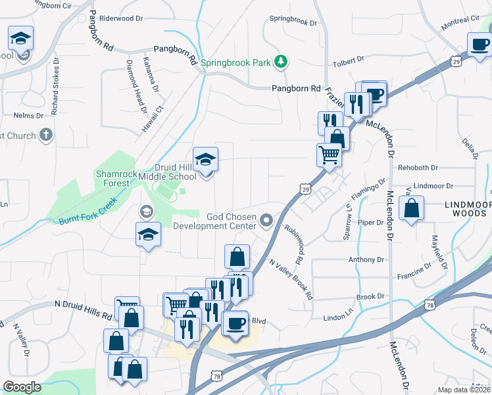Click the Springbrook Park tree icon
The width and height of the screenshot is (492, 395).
(281, 62)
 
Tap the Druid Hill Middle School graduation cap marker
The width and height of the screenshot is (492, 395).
(206, 159)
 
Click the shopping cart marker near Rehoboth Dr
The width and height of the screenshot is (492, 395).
(329, 155)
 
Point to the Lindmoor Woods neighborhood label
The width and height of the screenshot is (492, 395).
(467, 210)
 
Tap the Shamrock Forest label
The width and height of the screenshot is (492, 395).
(116, 179)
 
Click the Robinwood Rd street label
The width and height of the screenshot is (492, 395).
(293, 245)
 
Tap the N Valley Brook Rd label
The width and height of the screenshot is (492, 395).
(290, 278)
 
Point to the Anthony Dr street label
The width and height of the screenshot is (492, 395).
(362, 259)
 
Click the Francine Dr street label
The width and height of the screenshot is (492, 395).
(413, 271)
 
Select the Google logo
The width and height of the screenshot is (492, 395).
(22, 387)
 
